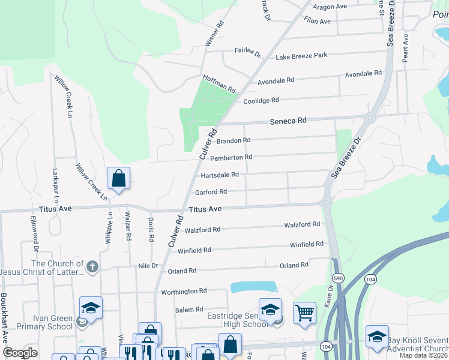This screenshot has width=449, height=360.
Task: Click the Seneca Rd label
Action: pos(289,121)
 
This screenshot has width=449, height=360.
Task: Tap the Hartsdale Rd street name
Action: pos(220,175)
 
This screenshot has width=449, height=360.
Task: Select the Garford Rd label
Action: pos(211,192)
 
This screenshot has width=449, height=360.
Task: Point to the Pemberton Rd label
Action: pos(231,157)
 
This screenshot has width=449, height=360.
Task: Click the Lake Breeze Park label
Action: pos(301,56)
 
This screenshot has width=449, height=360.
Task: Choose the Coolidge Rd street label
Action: pos(261,101)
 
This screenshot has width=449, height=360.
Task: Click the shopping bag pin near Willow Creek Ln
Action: pos(118,178)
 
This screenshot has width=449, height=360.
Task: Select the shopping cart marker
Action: pos(305,312)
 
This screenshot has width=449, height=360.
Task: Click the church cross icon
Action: pos(92,266)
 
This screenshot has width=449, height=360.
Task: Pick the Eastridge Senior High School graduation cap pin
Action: pos(270,309)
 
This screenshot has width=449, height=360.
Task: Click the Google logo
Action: pos(20,353)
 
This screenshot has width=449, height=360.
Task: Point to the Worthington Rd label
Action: pos(184,292)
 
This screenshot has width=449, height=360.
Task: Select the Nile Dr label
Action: pos(147,265)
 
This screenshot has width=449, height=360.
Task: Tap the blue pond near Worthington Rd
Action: pos(253,287)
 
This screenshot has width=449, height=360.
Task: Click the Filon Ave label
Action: pos(318,22)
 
